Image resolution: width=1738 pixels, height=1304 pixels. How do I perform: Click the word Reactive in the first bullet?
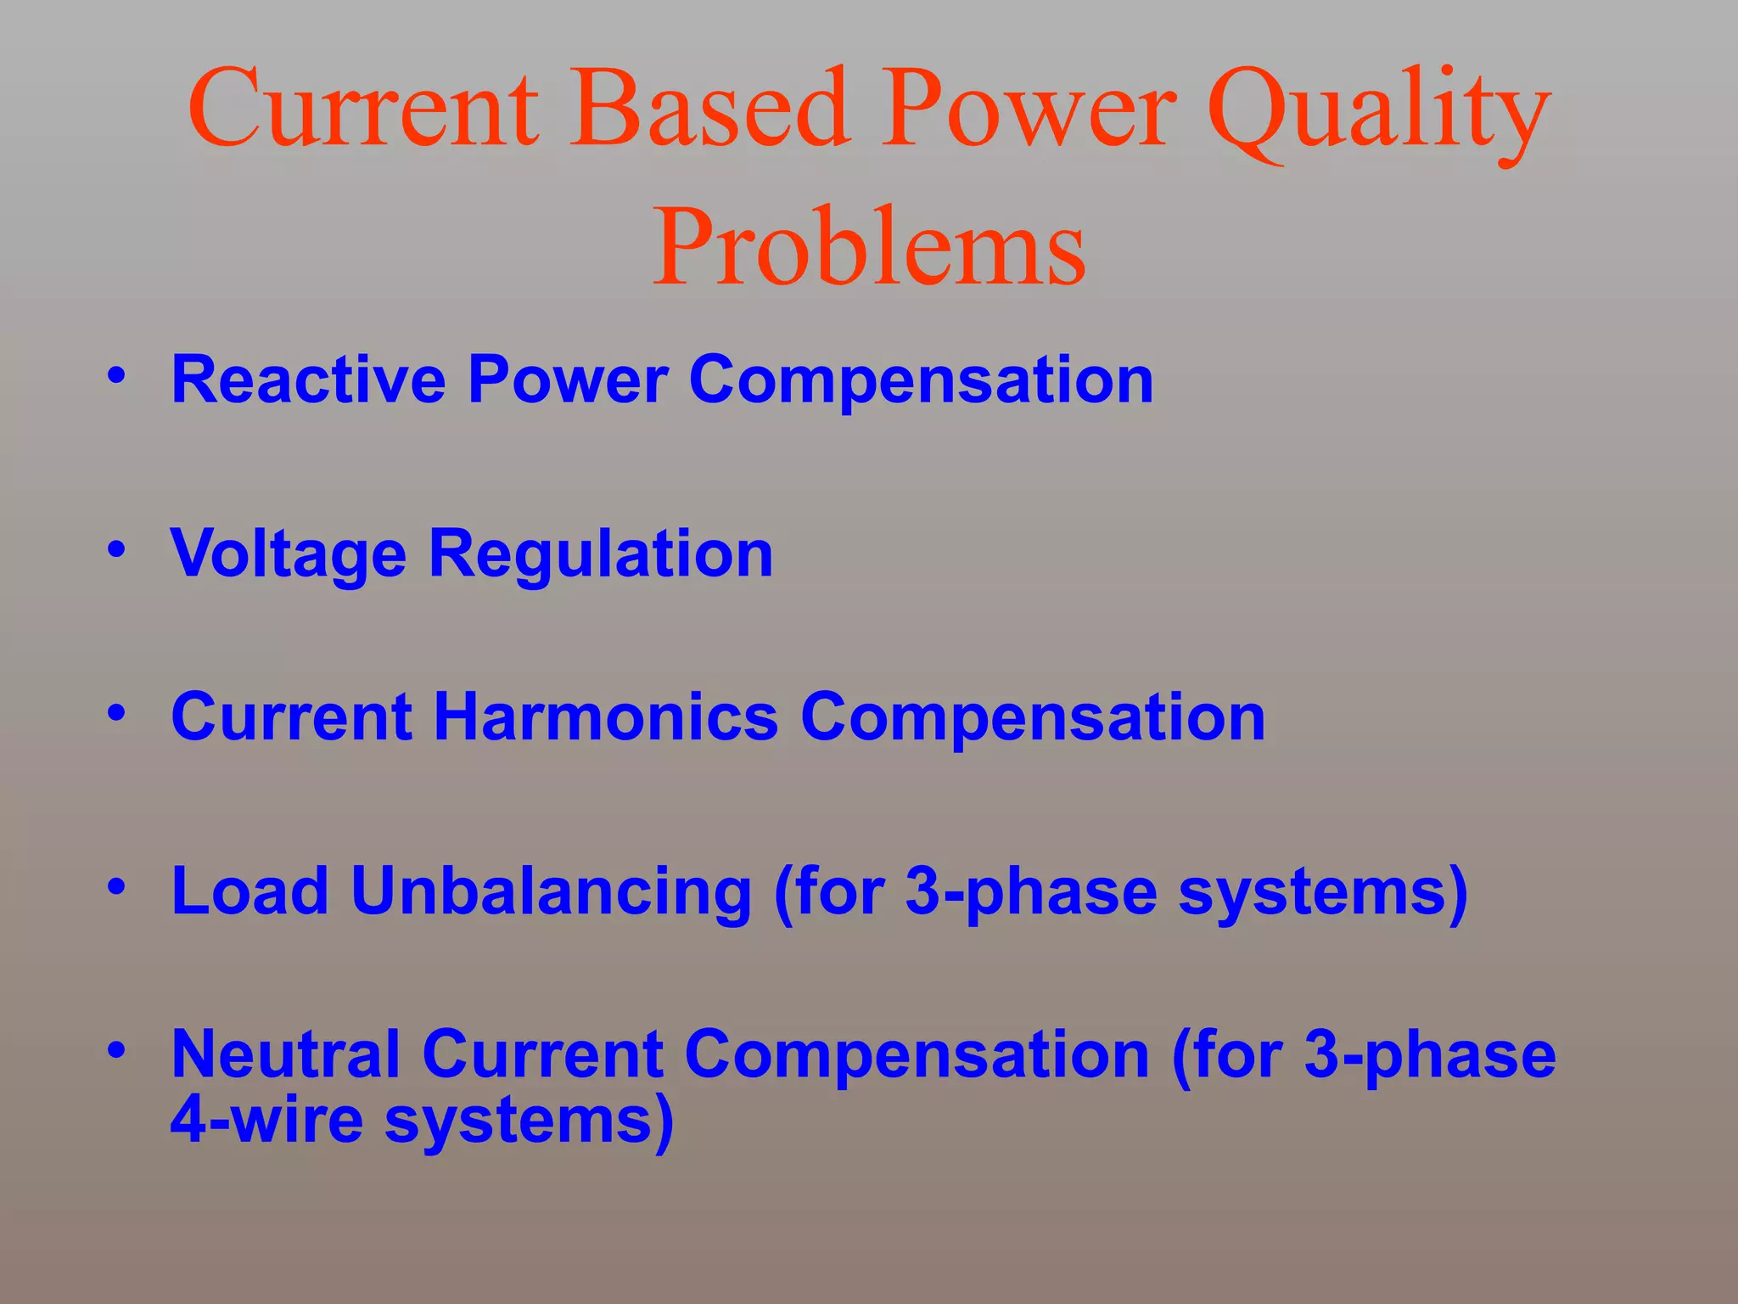[308, 379]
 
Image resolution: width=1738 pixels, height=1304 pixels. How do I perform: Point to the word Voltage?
[289, 554]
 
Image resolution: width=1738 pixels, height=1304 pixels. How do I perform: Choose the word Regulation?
[601, 554]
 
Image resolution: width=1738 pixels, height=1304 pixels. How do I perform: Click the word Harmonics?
[605, 717]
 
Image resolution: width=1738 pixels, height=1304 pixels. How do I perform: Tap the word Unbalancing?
[551, 892]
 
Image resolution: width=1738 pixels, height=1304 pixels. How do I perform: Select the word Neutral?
[285, 1054]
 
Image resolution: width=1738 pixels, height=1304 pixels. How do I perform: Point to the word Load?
[249, 892]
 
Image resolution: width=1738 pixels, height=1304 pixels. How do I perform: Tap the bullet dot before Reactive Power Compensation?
[116, 374]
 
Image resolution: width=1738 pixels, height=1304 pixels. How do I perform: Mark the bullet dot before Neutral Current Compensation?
[116, 1050]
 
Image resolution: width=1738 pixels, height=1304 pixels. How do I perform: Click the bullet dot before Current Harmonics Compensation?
[116, 712]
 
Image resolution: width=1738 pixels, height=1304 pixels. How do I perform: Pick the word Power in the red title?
[1028, 110]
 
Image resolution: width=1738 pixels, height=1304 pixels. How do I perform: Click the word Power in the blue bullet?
[568, 379]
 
